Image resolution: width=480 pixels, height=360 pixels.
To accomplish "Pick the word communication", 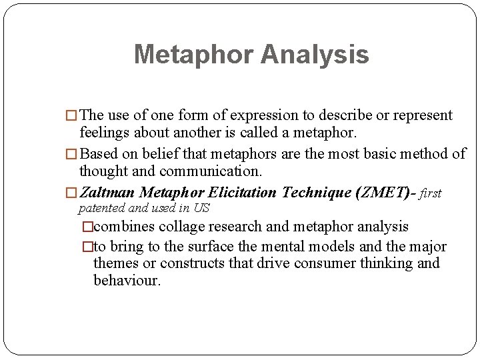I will click(217, 171).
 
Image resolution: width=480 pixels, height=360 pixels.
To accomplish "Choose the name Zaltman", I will click(107, 193).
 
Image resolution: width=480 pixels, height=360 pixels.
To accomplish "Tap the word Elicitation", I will click(243, 193).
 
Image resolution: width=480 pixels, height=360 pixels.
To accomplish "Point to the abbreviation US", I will click(201, 208).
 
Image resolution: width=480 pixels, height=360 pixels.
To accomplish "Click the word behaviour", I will click(126, 281).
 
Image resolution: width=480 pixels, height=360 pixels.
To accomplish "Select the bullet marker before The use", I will click(71, 116).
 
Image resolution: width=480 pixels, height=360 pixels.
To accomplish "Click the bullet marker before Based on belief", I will click(71, 154).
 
